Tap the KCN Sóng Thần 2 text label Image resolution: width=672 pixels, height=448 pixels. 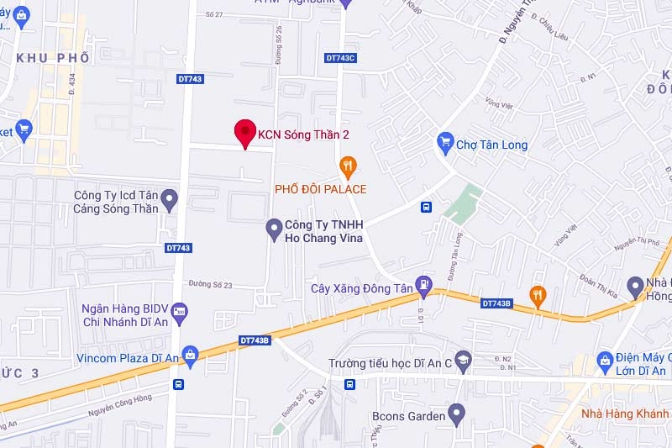click(303, 134)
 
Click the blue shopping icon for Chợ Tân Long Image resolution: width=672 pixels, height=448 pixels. click(445, 144)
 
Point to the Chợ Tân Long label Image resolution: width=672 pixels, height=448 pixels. click(491, 145)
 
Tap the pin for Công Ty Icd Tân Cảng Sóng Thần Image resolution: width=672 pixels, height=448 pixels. click(170, 200)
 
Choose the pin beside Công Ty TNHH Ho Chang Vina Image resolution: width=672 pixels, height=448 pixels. click(273, 227)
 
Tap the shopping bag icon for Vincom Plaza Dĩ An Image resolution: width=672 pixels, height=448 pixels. click(191, 356)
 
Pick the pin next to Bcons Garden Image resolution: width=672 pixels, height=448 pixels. click(456, 414)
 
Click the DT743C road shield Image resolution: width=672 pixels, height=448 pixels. click(340, 57)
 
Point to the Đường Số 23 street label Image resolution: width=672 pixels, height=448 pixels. click(210, 285)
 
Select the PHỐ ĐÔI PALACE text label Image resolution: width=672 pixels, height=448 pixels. click(321, 189)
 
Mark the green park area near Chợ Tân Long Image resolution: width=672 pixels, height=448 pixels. click(462, 203)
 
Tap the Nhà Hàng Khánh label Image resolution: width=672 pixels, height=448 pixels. click(626, 414)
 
